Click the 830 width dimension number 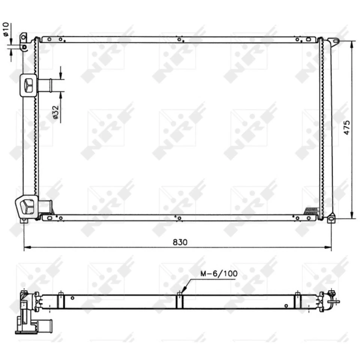click(180, 242)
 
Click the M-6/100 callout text click(219, 274)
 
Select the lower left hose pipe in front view click(45, 206)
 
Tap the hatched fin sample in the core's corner click(311, 211)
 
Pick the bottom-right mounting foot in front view click(331, 219)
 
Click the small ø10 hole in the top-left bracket click(24, 47)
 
